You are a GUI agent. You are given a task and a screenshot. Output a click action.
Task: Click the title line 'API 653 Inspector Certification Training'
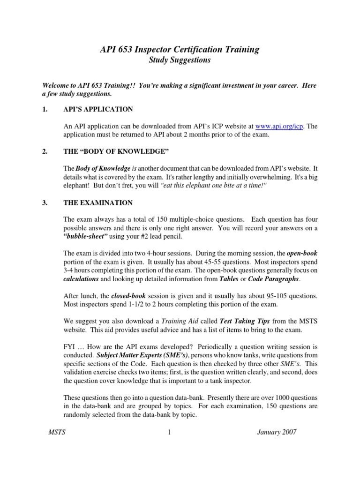[x=180, y=49]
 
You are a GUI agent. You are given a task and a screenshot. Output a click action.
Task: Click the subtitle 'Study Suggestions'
[x=180, y=60]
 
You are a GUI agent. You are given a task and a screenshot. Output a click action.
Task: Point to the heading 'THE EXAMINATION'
[x=98, y=203]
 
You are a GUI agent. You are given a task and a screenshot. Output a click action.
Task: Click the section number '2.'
[x=45, y=152]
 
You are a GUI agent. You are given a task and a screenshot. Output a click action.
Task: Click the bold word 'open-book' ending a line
[x=302, y=253]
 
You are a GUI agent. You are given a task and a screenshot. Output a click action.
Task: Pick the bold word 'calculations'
[x=81, y=278]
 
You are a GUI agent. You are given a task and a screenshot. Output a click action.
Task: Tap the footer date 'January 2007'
[x=277, y=432]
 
